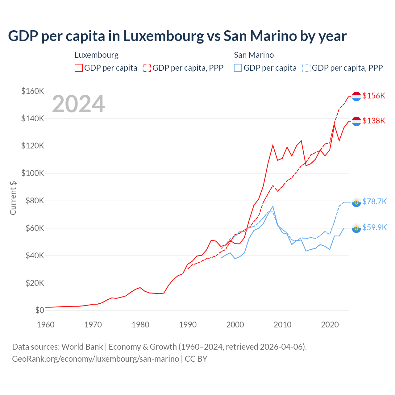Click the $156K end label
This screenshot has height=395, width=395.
tap(374, 96)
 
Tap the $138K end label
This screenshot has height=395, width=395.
tap(374, 121)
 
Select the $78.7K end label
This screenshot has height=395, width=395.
tap(374, 202)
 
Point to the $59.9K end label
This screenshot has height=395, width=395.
tap(374, 227)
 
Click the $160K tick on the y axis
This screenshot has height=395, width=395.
tap(33, 91)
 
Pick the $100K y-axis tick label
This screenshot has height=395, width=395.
tap(33, 173)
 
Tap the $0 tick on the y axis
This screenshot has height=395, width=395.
tap(39, 310)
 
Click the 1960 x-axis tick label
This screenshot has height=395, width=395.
tap(46, 325)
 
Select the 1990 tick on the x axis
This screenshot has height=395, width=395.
tap(188, 325)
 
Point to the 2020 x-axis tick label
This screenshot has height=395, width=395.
tap(330, 325)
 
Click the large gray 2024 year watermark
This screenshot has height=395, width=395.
tap(78, 104)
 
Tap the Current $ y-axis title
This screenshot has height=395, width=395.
tap(13, 198)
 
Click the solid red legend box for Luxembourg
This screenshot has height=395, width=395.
tap(79, 68)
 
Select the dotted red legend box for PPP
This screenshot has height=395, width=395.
tap(147, 68)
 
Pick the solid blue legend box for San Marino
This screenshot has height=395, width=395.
tap(238, 68)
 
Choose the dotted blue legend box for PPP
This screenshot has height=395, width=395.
tap(306, 68)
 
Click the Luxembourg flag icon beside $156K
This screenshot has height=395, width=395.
tap(356, 96)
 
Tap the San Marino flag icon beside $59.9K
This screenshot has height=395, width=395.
tap(356, 228)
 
